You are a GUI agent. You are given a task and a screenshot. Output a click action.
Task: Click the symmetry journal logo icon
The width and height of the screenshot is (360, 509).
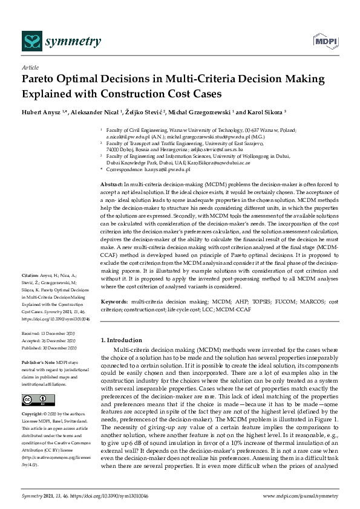[x=31, y=41]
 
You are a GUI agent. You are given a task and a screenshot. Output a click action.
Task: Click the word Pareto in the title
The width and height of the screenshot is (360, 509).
[x=42, y=80]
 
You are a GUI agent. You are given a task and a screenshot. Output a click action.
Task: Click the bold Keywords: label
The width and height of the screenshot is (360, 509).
[x=114, y=300]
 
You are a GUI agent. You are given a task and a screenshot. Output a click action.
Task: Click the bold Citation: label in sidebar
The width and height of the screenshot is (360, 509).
[x=31, y=274]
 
